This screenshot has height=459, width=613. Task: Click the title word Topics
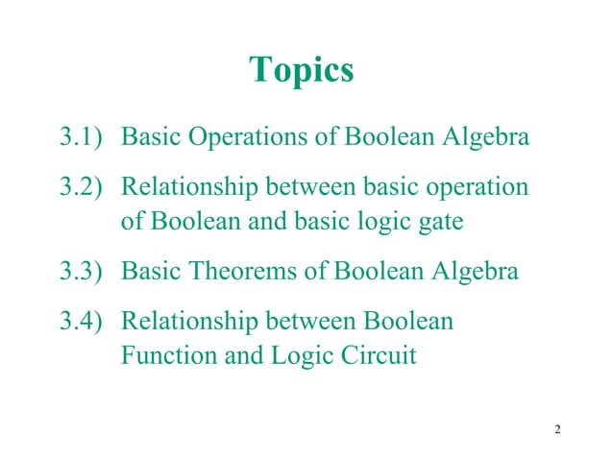point(301,70)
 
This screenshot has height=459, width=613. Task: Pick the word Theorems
point(246,272)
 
